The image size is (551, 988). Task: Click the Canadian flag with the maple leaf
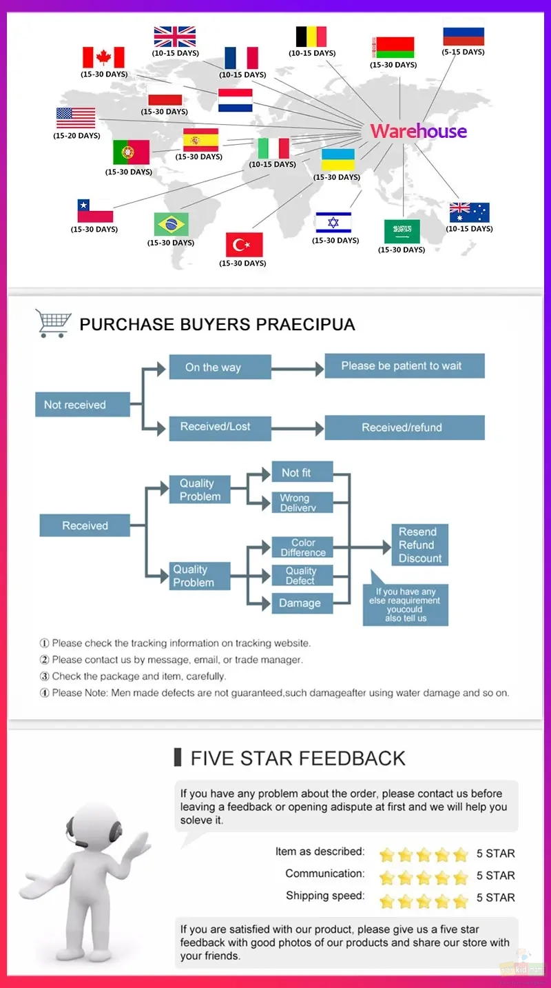tap(103, 57)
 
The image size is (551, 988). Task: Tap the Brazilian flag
tap(171, 225)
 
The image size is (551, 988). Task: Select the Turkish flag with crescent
tap(244, 244)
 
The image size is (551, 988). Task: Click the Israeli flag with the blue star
tap(333, 222)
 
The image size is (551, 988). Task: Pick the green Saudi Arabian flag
tap(402, 232)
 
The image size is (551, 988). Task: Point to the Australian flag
tap(469, 212)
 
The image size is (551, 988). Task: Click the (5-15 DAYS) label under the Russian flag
tap(463, 52)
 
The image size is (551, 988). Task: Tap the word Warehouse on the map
tap(418, 131)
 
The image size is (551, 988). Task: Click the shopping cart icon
tap(53, 323)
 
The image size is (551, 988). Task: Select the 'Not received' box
tap(83, 405)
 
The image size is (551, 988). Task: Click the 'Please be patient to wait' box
tap(405, 365)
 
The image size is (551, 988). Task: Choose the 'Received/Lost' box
tap(220, 428)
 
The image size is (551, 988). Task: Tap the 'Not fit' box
tap(302, 472)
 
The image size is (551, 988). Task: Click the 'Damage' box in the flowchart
tap(302, 603)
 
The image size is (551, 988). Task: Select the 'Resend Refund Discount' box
tap(419, 545)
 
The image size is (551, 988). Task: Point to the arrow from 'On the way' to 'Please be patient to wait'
tap(298, 368)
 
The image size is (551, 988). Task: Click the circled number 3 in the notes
tap(45, 676)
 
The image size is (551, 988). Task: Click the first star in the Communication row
tap(386, 877)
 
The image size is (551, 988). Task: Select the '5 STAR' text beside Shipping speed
tap(495, 897)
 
